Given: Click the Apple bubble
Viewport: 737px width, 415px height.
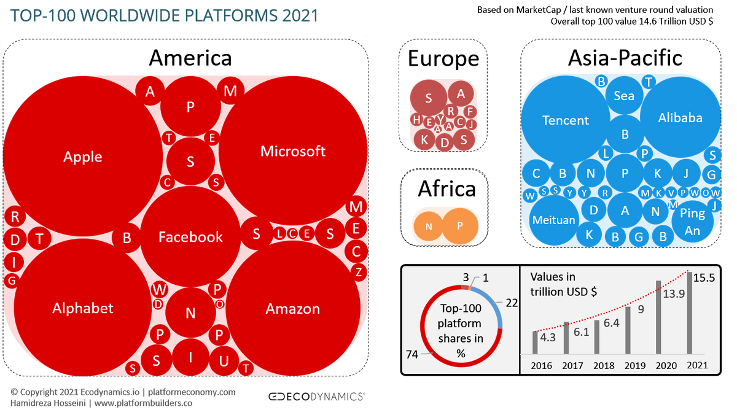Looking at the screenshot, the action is point(82,156).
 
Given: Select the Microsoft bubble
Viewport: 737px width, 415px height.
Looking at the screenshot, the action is point(293,151).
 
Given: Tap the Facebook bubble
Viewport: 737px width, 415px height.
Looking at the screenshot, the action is point(190,236).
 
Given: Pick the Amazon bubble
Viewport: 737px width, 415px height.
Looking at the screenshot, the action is point(293,308).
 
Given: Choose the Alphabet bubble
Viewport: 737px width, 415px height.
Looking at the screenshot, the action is point(82,308).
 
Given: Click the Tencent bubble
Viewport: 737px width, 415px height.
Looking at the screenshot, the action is point(566,120).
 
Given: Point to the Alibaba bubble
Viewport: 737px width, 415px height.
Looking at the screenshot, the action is point(680,117).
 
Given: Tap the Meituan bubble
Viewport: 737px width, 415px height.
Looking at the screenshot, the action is point(554,220).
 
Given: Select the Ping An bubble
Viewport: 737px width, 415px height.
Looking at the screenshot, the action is point(692,222).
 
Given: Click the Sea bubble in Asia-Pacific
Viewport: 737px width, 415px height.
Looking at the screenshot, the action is point(624,95).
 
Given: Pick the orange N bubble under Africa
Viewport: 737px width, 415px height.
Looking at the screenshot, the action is point(429,227).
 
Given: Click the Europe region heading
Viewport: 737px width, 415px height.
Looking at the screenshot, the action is point(443,58).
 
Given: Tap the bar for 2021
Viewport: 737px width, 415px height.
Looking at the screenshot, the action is point(690,312).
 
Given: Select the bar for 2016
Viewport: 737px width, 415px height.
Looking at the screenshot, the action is point(535,343).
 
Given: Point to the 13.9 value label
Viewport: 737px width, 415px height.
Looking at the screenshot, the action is point(674,293).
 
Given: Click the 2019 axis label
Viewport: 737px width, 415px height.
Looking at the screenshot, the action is point(635,365).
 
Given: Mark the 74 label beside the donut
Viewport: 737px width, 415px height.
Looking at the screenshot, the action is point(412,354).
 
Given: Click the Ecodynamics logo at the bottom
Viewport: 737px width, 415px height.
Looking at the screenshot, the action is point(316,396).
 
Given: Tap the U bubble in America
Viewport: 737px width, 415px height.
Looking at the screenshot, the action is point(224,361).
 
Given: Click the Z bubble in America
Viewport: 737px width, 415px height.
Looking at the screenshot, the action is point(358,272).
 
